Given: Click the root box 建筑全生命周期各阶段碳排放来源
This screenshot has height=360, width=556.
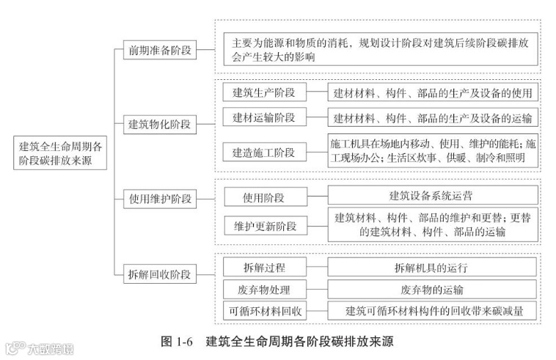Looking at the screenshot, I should (x=62, y=154).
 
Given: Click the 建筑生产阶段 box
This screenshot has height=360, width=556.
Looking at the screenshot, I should (x=264, y=92).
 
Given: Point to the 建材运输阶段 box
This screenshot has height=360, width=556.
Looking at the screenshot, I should (x=264, y=118).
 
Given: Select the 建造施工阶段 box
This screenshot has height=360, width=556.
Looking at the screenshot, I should (x=264, y=153).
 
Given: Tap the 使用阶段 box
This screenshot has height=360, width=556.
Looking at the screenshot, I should (x=264, y=196).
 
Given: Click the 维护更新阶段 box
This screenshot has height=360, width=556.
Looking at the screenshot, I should (x=264, y=226).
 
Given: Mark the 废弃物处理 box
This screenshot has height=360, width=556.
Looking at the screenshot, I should (x=264, y=289).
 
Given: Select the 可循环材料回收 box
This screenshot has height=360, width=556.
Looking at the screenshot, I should (x=264, y=311).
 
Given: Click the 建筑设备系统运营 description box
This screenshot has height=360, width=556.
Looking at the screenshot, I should (x=432, y=196).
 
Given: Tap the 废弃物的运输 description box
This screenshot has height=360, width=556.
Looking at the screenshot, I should (x=432, y=289).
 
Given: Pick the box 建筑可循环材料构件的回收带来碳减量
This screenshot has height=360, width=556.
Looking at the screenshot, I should (x=432, y=311).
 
